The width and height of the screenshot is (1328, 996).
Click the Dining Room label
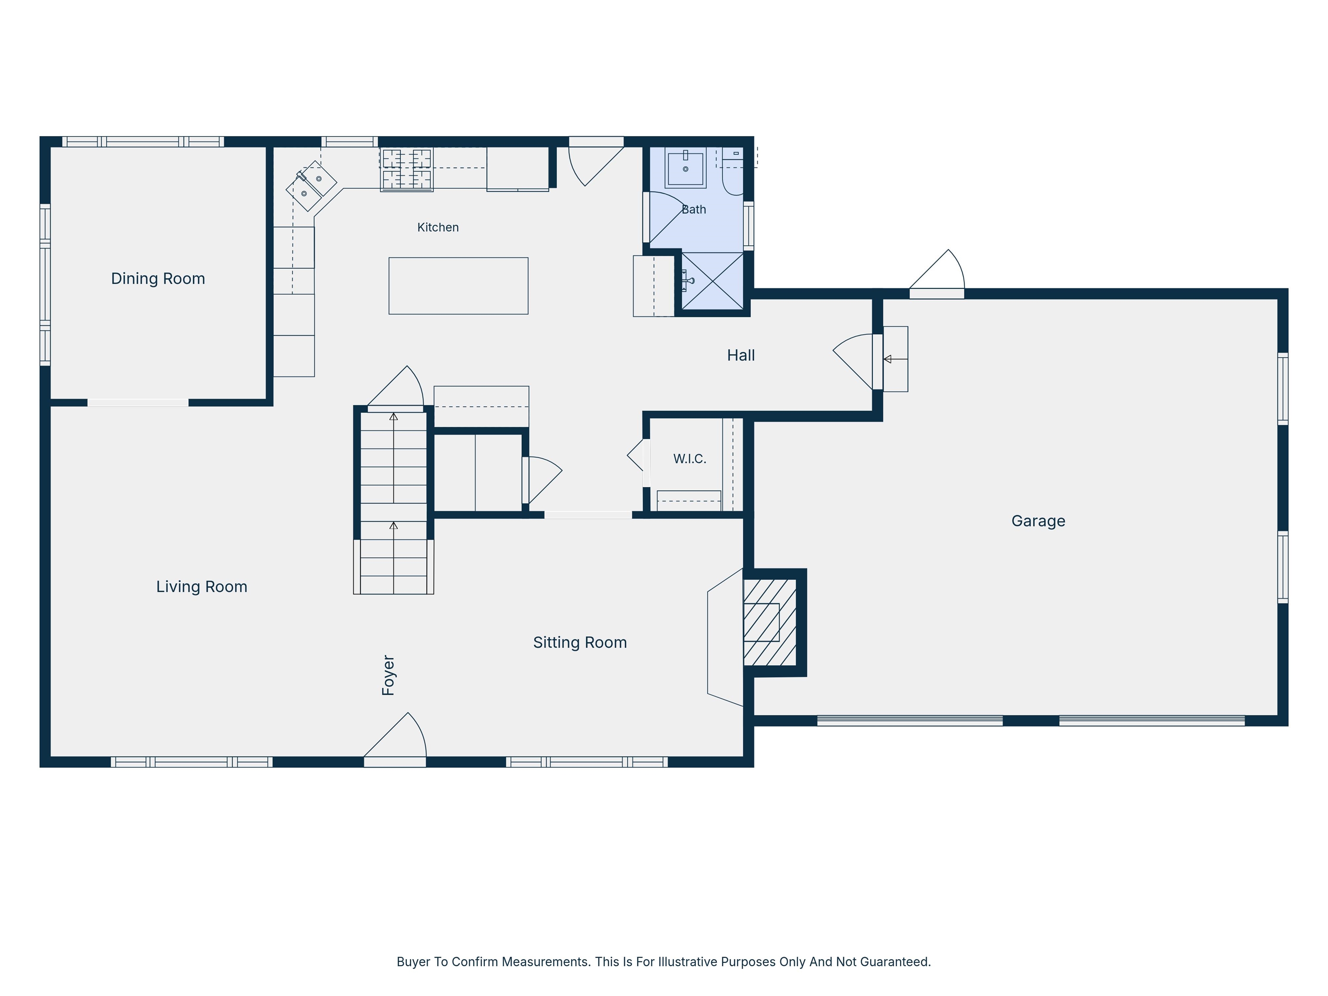(x=158, y=278)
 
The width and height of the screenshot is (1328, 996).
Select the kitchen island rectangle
(x=458, y=286)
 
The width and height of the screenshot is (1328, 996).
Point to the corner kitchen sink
(x=311, y=185)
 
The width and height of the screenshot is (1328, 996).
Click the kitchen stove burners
(x=406, y=169)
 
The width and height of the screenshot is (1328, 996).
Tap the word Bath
(x=693, y=210)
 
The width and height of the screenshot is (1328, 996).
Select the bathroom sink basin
(x=685, y=168)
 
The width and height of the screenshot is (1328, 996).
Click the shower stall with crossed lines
(x=712, y=281)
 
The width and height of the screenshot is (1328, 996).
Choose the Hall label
(x=741, y=355)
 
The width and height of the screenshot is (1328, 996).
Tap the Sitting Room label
(x=580, y=642)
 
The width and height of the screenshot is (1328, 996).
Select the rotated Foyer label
(x=389, y=675)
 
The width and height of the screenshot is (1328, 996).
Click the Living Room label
(x=202, y=587)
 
